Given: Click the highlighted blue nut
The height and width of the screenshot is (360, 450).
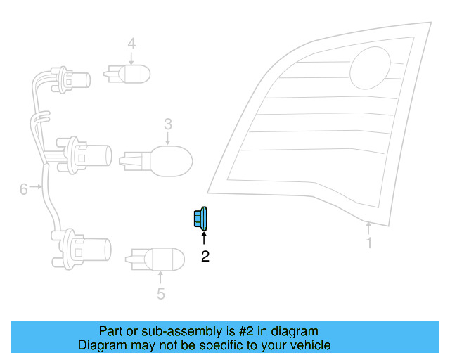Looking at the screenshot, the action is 200,219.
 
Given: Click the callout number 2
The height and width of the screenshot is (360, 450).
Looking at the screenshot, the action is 205,257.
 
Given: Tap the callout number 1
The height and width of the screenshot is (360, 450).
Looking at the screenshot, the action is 369,243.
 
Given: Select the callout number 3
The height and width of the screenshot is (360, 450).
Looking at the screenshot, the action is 168,124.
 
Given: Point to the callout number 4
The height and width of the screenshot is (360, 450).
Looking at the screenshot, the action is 131,44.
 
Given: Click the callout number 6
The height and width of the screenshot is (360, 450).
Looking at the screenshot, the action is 23,189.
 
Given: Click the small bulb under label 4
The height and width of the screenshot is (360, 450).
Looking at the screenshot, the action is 127,74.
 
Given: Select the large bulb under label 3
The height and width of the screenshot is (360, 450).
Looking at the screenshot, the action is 156,161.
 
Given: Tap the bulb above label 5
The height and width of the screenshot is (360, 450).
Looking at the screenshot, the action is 155,259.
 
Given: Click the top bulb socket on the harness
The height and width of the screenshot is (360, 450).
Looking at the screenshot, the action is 70,80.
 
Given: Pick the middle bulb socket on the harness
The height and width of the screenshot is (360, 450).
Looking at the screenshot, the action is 84,155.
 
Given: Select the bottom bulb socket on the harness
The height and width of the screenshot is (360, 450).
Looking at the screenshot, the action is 82,250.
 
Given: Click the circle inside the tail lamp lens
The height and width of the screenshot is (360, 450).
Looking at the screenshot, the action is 371,68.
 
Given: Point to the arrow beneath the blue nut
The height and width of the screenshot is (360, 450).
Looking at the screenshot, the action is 204,238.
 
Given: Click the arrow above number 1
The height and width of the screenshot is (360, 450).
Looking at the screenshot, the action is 368,228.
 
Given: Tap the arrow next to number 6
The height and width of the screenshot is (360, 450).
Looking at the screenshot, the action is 36,186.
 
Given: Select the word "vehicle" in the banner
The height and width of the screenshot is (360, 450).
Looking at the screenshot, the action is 313,345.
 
